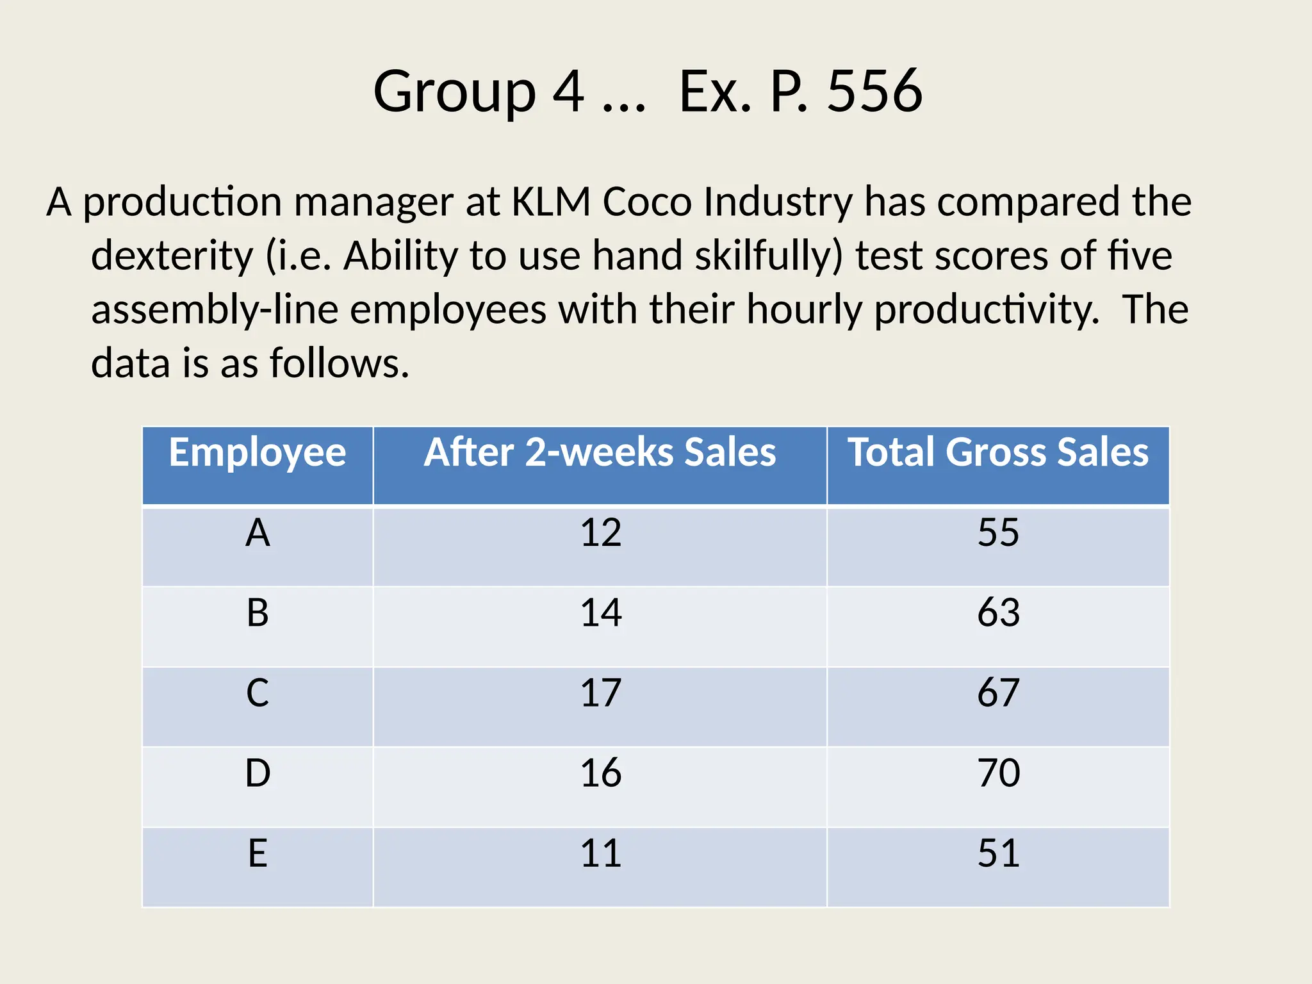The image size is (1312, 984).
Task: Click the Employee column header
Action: pyautogui.click(x=258, y=453)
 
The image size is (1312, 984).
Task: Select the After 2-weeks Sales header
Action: pyautogui.click(x=600, y=453)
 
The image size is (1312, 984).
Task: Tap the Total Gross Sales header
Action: pyautogui.click(x=998, y=453)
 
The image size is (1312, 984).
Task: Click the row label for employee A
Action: pyautogui.click(x=258, y=533)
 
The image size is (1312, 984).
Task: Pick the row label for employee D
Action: pyautogui.click(x=258, y=773)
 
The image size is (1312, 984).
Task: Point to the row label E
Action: pyautogui.click(x=258, y=853)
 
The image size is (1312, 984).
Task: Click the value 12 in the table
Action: pyautogui.click(x=600, y=533)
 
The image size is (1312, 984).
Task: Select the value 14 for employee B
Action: pyautogui.click(x=600, y=613)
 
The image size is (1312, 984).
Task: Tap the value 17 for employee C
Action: pyautogui.click(x=600, y=693)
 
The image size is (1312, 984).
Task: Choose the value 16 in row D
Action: pyautogui.click(x=600, y=773)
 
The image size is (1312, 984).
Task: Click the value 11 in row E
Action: pyautogui.click(x=600, y=853)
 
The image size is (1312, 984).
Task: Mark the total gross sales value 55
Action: pyautogui.click(x=998, y=533)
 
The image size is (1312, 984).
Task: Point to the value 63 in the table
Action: pyautogui.click(x=998, y=613)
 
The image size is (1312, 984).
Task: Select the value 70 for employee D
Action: pyautogui.click(x=998, y=773)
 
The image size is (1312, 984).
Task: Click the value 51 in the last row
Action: pyautogui.click(x=998, y=853)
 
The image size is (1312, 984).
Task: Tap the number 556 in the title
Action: pyautogui.click(x=874, y=92)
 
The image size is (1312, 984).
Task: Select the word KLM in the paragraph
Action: pyautogui.click(x=551, y=202)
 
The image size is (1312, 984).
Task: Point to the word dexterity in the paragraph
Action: pyautogui.click(x=172, y=256)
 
